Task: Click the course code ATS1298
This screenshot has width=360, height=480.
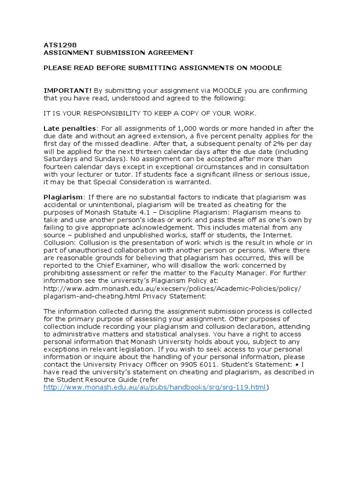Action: point(57,45)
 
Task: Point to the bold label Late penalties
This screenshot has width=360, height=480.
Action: point(69,128)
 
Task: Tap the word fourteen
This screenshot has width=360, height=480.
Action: point(60,166)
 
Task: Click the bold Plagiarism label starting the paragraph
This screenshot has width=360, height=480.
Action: point(63,197)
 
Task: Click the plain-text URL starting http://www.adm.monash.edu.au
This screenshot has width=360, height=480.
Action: point(172,288)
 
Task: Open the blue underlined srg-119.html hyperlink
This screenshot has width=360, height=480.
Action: point(155,387)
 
